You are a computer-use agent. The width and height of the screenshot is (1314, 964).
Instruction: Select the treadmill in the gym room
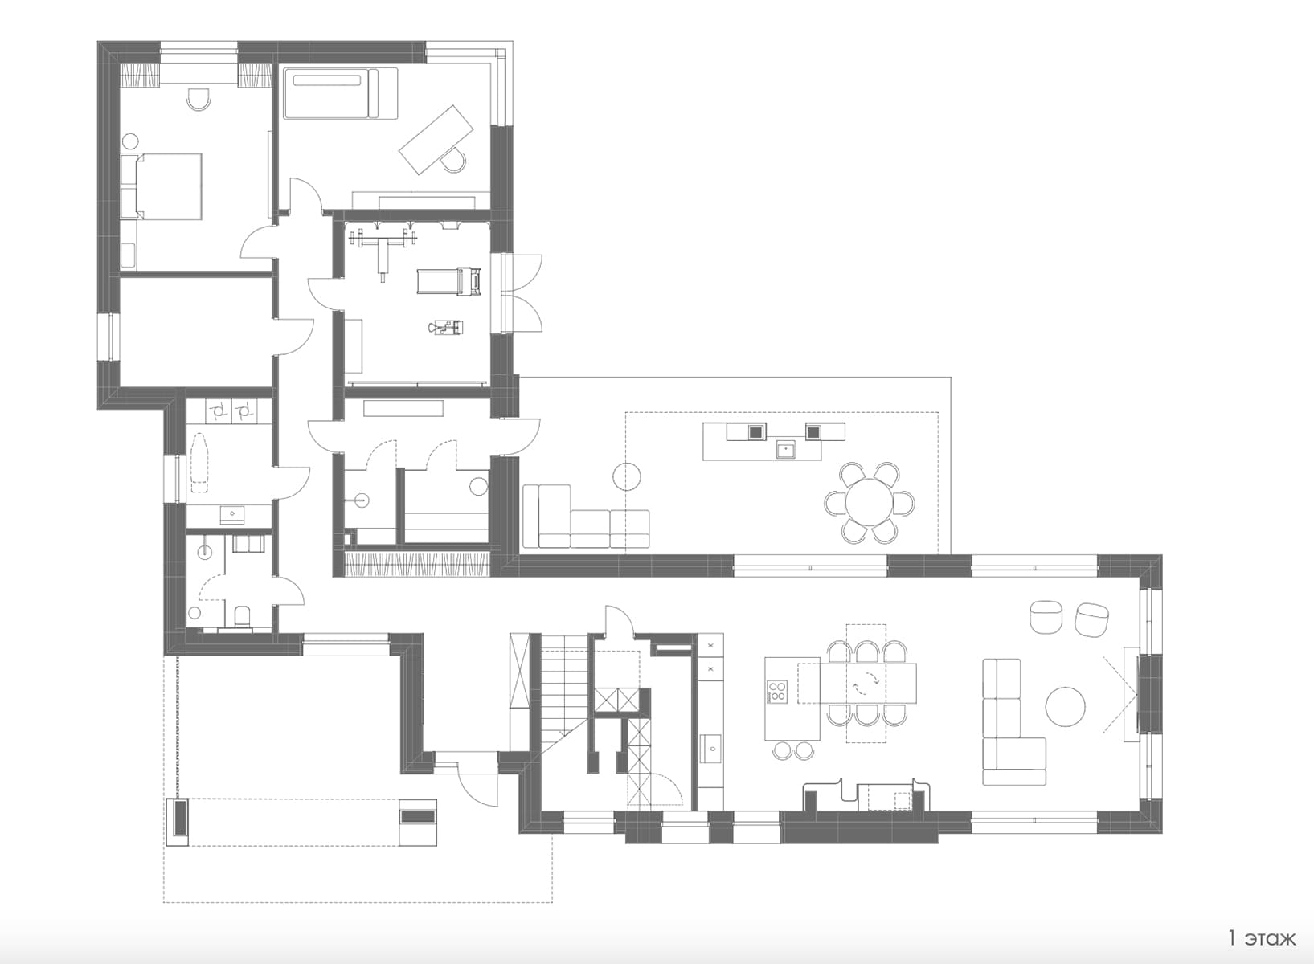click(x=448, y=281)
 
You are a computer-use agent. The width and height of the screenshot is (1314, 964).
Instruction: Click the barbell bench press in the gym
click(x=383, y=249)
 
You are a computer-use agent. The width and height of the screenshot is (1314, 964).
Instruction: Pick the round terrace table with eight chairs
click(x=870, y=503)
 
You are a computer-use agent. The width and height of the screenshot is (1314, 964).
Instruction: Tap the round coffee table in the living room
click(x=1066, y=707)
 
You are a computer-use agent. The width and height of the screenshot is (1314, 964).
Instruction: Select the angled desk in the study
click(x=436, y=140)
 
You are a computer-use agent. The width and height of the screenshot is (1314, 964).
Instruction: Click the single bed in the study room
click(x=340, y=93)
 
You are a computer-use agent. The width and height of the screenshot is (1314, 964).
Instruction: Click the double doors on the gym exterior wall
click(x=522, y=293)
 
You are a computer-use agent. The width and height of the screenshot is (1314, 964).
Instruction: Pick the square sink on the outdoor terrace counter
click(x=785, y=450)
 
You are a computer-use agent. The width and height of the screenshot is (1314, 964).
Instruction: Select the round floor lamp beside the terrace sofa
click(x=627, y=476)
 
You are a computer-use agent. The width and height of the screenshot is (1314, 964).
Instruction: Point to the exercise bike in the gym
click(x=447, y=328)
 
